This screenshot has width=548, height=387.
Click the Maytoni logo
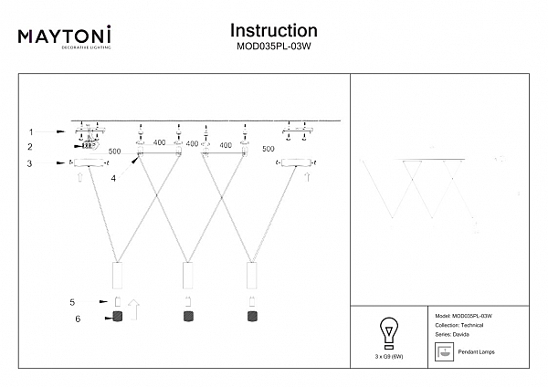click(x=65, y=37)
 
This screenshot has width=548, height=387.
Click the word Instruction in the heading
click(x=273, y=32)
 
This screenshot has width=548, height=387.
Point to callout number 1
click(x=30, y=131)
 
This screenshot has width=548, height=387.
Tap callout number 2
click(x=30, y=146)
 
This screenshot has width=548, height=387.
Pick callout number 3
click(x=30, y=164)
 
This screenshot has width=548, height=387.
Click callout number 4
click(x=113, y=178)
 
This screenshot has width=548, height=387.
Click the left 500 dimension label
click(x=115, y=151)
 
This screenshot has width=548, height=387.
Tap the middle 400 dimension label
click(x=192, y=143)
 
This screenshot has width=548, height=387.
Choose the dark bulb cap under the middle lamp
click(x=187, y=317)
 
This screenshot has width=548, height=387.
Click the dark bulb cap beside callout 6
click(x=117, y=317)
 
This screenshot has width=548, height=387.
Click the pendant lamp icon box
click(x=443, y=351)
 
